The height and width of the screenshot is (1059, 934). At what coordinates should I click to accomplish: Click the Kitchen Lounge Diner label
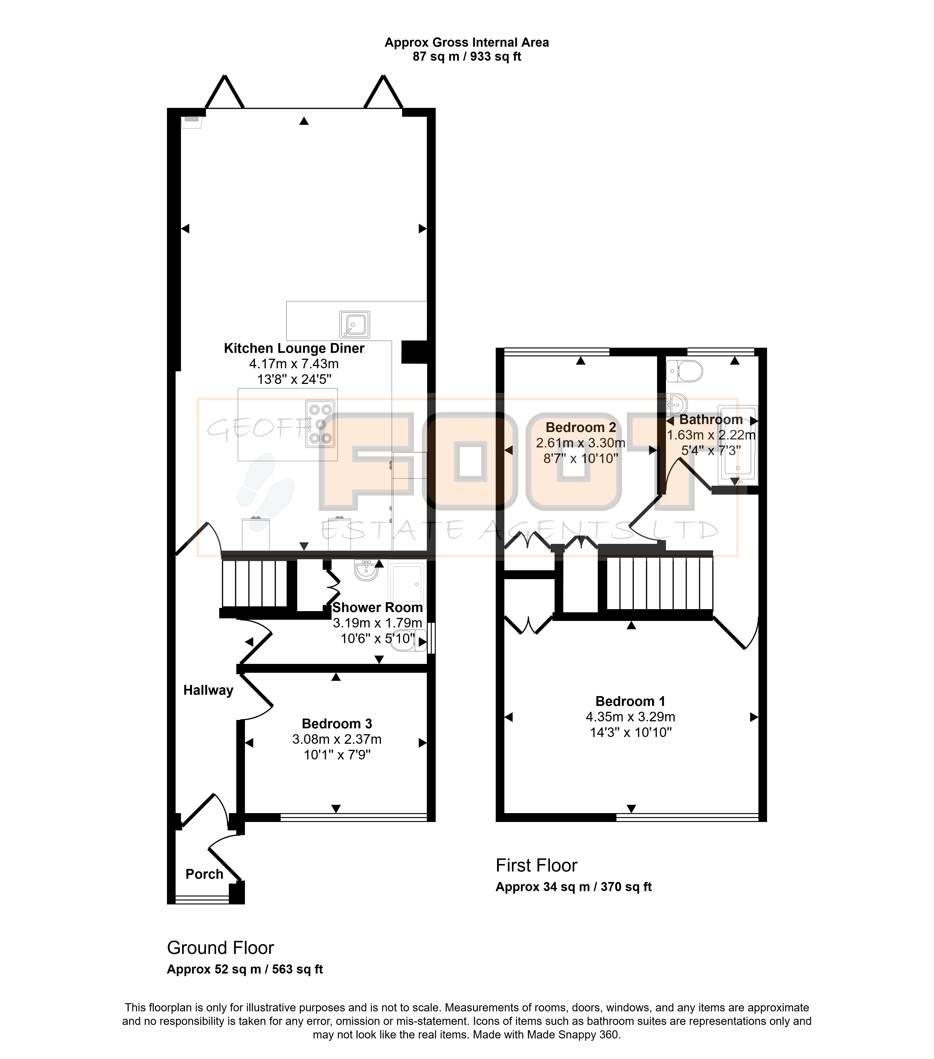pos(294,348)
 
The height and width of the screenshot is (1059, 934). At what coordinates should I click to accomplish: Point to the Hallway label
pos(208,690)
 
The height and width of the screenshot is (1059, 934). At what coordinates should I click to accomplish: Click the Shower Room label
pos(377,607)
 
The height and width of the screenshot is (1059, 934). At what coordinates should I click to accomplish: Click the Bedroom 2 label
pos(581,427)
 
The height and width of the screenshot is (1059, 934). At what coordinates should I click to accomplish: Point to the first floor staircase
pos(659,583)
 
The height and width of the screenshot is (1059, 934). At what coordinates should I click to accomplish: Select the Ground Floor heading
pos(220,948)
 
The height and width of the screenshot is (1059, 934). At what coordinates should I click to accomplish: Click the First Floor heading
pos(536,865)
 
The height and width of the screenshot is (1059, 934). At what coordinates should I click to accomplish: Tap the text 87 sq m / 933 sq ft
pos(467,57)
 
